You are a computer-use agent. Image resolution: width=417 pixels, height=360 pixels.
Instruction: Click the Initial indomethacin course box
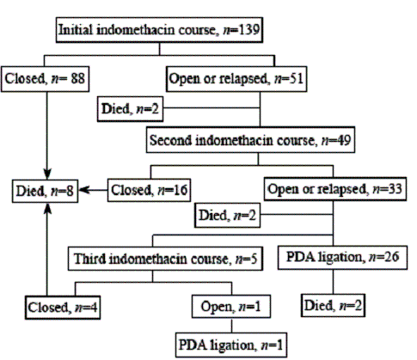(x=159, y=30)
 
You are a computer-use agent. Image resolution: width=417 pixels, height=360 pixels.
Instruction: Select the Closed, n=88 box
(x=45, y=79)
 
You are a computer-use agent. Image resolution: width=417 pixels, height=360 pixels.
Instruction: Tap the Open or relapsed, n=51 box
(x=236, y=79)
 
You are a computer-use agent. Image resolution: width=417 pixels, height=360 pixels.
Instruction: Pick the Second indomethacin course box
(x=250, y=140)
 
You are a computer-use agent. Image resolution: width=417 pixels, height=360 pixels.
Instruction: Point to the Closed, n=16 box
(x=149, y=190)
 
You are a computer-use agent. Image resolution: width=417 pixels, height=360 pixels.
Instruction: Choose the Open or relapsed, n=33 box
(x=335, y=189)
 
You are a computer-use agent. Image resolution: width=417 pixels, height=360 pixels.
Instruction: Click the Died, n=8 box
(x=45, y=191)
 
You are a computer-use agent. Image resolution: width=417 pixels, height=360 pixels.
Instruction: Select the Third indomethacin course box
(x=165, y=259)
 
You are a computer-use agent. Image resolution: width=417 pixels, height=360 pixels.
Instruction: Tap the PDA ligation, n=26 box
(x=342, y=258)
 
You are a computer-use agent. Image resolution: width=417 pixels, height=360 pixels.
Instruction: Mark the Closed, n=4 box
(x=63, y=308)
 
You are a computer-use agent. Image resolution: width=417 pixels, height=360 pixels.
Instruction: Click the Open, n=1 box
(x=231, y=307)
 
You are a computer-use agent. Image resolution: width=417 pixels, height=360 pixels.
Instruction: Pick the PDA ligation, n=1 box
(x=231, y=345)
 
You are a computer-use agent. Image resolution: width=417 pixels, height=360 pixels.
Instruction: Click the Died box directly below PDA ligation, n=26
(x=333, y=305)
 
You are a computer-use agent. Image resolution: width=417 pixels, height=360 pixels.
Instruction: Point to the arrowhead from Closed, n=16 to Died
(x=84, y=190)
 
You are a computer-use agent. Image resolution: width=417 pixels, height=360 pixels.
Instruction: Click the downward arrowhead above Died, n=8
(x=47, y=174)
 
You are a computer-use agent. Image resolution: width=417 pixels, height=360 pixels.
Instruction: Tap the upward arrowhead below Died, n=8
(x=47, y=209)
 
